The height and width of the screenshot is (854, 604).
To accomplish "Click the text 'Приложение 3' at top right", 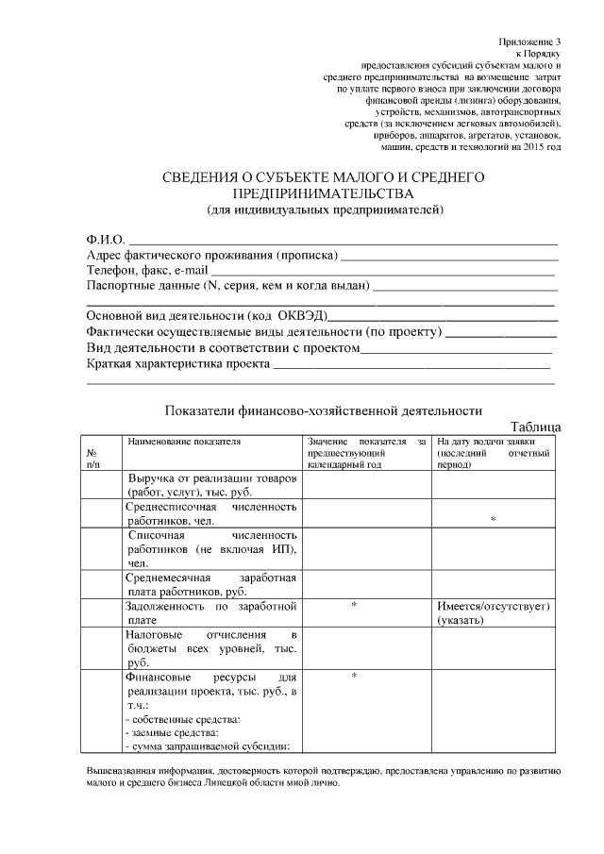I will click(x=530, y=42).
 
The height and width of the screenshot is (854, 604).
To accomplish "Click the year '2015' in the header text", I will click(x=532, y=147).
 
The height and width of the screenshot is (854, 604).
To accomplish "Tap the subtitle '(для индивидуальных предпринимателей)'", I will click(x=325, y=209).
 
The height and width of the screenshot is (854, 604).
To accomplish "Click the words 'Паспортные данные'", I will click(x=142, y=286).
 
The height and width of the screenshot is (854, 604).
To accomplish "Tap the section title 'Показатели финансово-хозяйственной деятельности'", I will click(x=324, y=410).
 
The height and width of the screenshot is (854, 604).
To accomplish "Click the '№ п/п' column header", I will click(x=92, y=459).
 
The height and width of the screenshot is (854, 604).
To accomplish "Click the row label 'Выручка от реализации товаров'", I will click(x=212, y=478).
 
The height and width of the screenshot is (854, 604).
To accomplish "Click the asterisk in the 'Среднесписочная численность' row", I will click(x=493, y=520).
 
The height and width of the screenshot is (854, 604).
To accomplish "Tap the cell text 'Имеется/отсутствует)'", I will click(x=494, y=605).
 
